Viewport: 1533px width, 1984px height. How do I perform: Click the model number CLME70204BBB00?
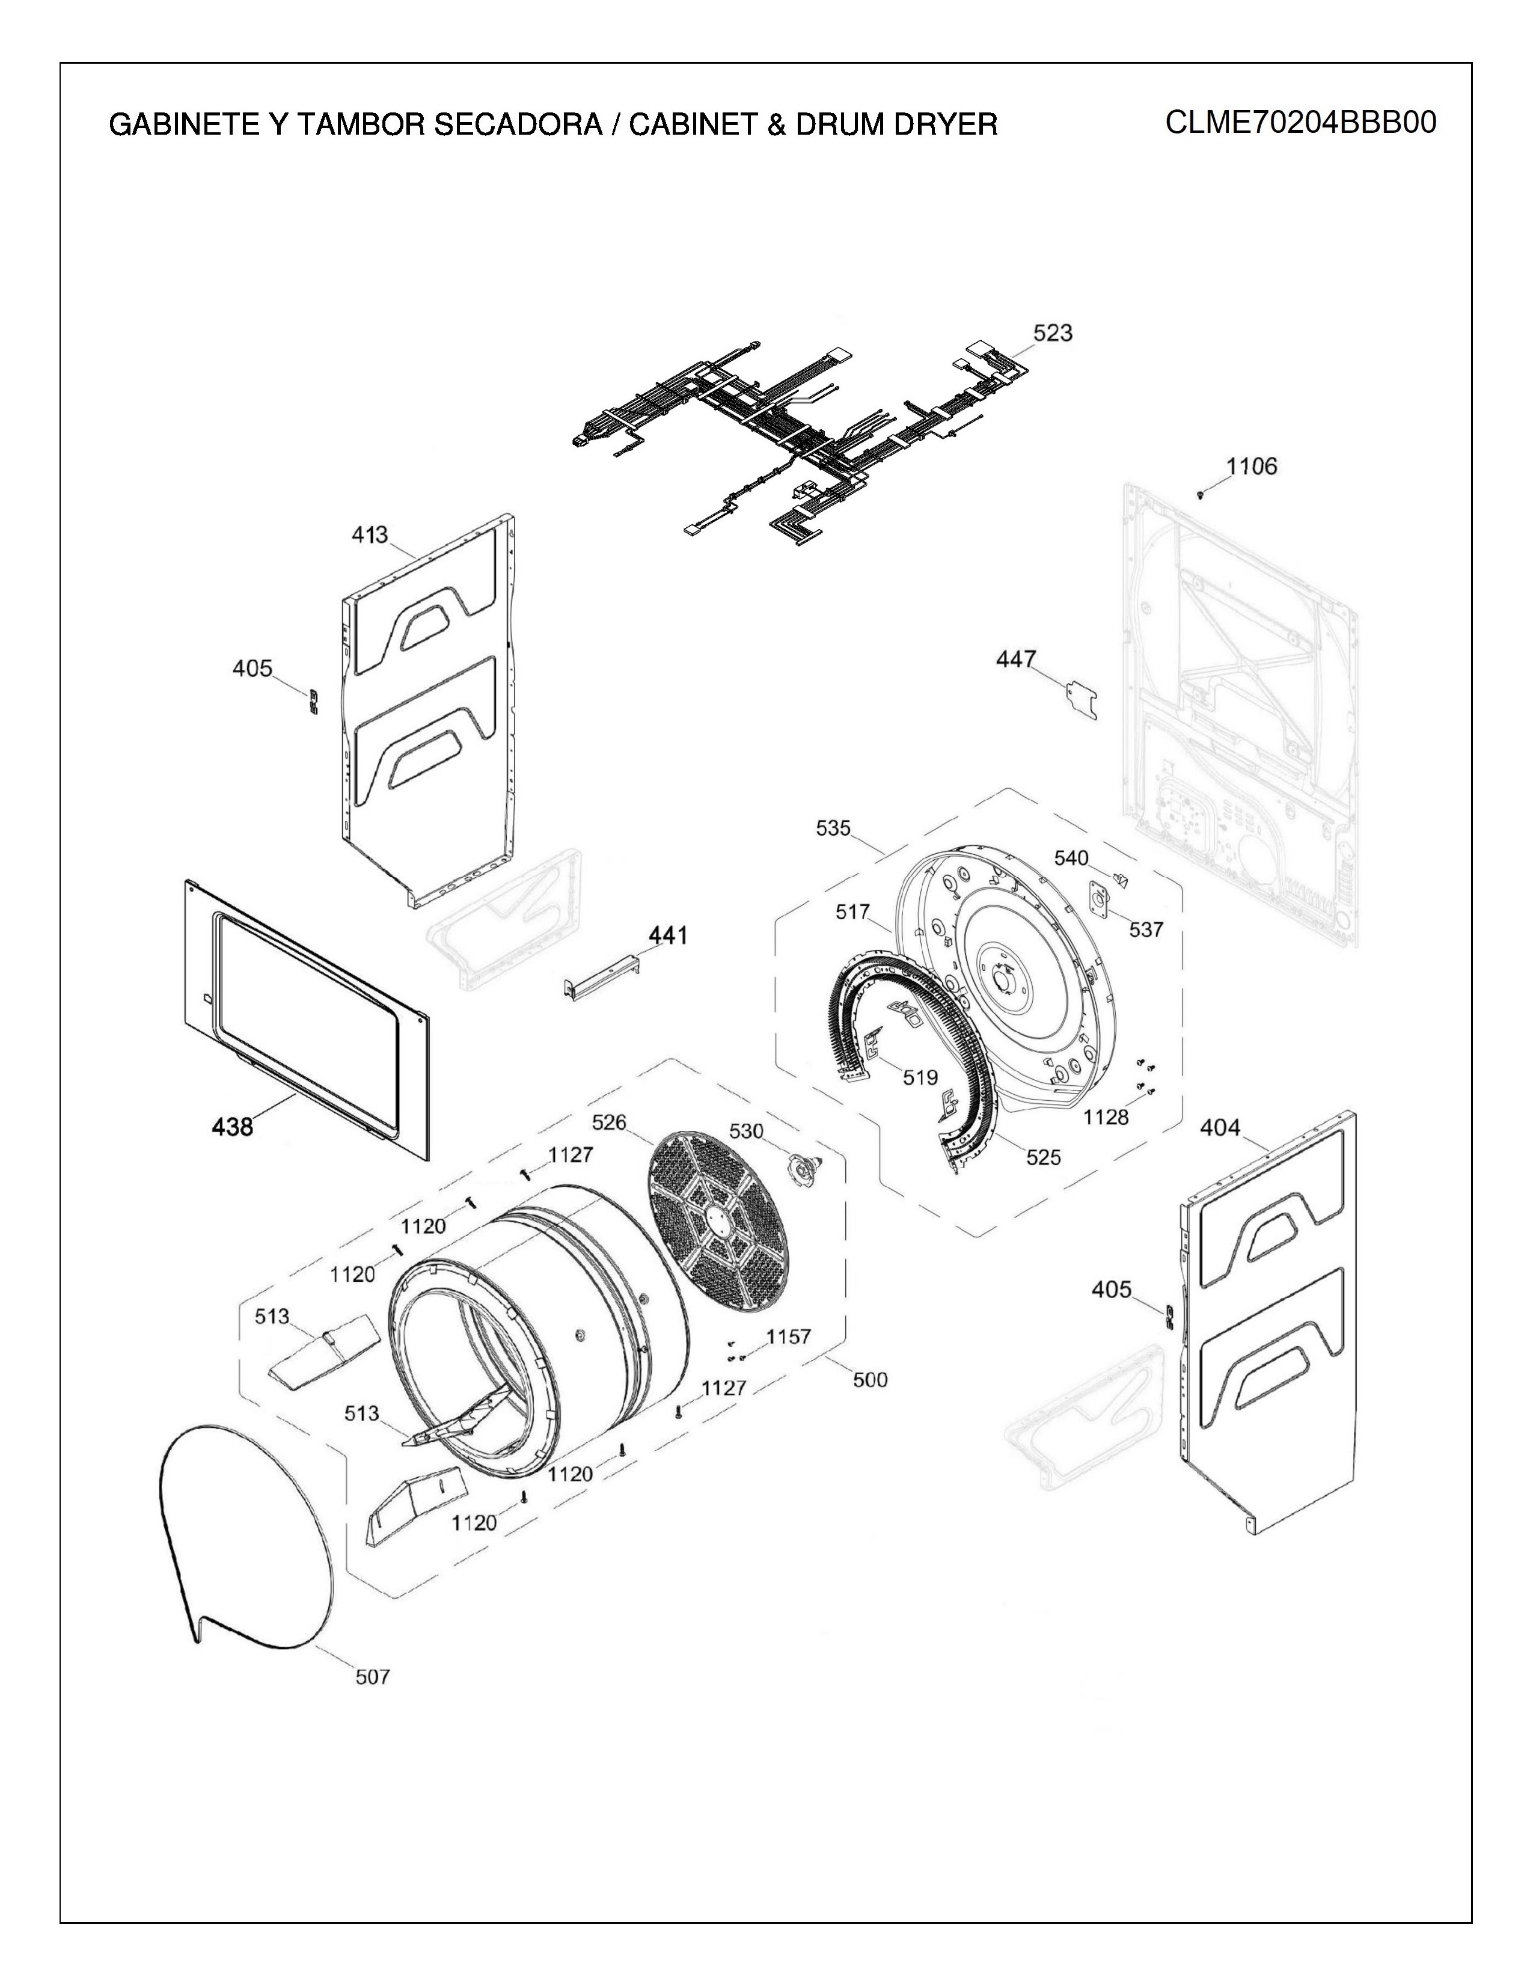click(1300, 121)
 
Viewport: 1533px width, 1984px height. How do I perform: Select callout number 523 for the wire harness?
click(1053, 334)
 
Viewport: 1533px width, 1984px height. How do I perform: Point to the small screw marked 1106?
click(1202, 494)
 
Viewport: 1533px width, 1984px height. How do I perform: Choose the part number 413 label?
click(370, 535)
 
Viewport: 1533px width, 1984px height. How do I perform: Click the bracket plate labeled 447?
click(1081, 701)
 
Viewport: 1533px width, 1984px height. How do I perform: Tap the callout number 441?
click(667, 935)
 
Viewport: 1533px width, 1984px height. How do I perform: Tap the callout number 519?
click(919, 1077)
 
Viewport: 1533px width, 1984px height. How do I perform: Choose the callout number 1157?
click(788, 1336)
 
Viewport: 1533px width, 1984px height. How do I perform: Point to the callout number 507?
click(372, 1677)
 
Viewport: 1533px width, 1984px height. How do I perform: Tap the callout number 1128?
click(1105, 1116)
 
